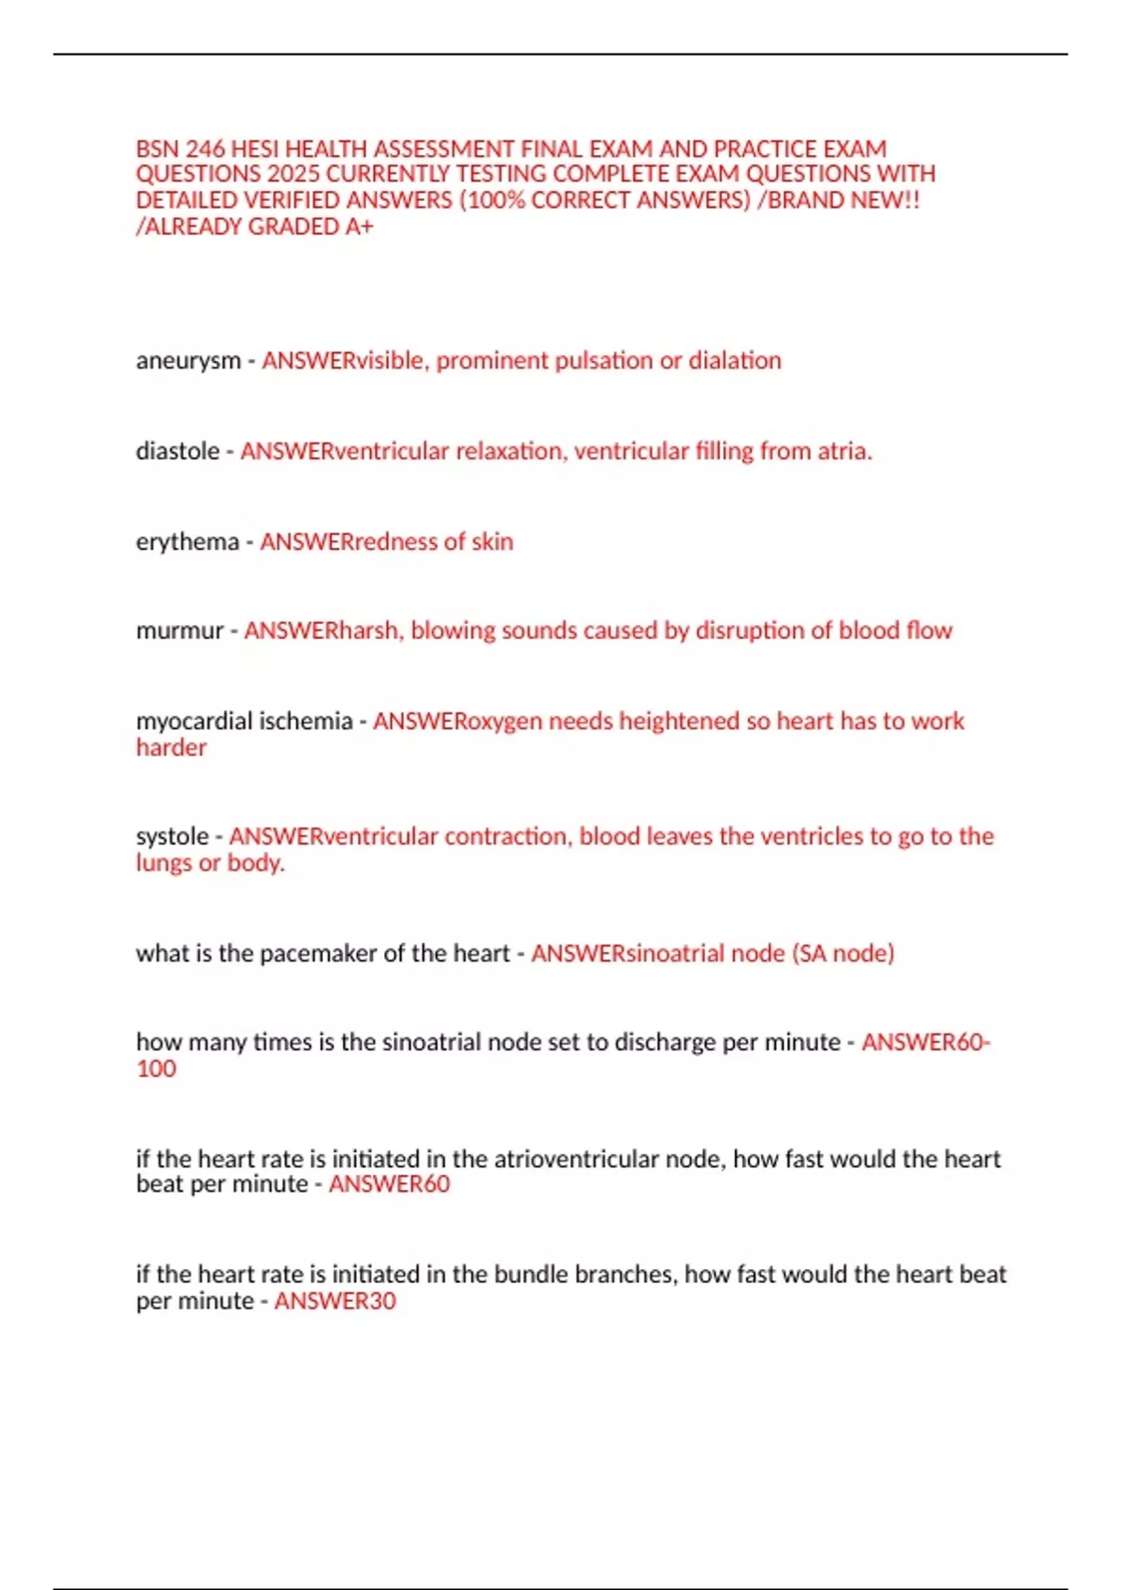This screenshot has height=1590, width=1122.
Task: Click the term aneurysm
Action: (188, 361)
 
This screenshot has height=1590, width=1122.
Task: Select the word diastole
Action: (178, 452)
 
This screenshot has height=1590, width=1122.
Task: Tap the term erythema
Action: (187, 542)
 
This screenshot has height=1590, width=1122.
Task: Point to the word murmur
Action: (180, 631)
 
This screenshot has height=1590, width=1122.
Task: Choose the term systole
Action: (172, 836)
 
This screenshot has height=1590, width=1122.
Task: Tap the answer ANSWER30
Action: (335, 1301)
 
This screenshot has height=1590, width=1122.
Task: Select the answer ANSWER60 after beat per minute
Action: (389, 1184)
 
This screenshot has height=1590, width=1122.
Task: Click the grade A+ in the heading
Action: (359, 227)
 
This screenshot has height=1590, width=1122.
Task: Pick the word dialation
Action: (735, 361)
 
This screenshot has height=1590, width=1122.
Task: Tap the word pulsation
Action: (604, 361)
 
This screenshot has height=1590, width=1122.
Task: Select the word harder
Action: (171, 747)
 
